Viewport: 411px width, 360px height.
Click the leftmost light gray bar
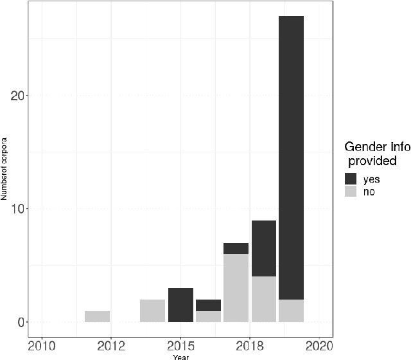(x=97, y=316)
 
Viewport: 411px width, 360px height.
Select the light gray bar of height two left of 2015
(x=153, y=310)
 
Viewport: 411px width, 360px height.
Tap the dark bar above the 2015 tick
(x=180, y=305)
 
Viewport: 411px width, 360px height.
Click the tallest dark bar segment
(x=291, y=157)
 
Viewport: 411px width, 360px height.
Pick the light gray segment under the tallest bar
(x=291, y=310)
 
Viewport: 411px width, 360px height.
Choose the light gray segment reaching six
(x=236, y=288)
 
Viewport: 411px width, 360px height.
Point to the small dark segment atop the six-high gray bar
(x=236, y=248)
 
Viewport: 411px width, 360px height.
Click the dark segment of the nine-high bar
(x=263, y=248)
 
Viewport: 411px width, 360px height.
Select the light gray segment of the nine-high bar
(x=263, y=299)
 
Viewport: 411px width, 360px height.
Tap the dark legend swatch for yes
(x=351, y=179)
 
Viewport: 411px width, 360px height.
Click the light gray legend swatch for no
(x=351, y=192)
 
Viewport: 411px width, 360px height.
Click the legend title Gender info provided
(x=376, y=153)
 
